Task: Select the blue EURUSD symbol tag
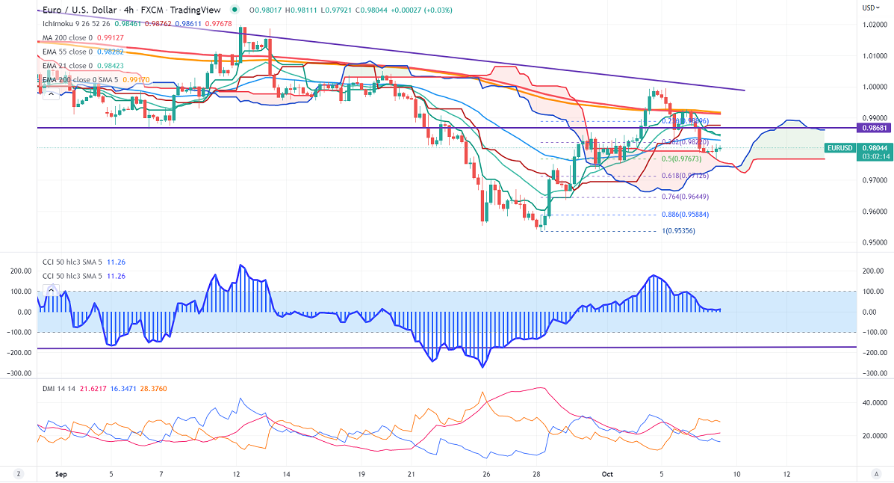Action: pos(839,148)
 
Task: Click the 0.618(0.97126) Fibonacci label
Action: pos(685,176)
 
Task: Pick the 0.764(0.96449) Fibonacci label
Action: pos(685,197)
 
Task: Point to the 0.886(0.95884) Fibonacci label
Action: pos(685,215)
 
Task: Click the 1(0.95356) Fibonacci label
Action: pos(679,230)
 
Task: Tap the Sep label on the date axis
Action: pos(61,474)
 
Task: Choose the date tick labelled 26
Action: pos(485,474)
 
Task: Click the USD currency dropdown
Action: pos(870,7)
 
